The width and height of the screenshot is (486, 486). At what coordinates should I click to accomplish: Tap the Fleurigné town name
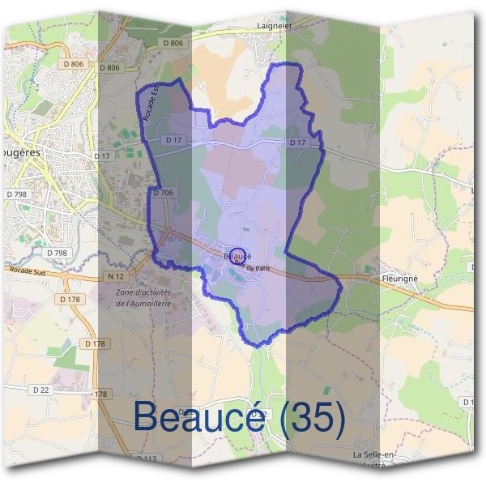coord(400,278)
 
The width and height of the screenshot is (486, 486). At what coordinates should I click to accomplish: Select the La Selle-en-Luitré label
coord(373,459)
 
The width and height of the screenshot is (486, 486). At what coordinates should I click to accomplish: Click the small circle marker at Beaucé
coord(237,254)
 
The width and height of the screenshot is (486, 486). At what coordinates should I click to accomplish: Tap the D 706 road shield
coord(163,193)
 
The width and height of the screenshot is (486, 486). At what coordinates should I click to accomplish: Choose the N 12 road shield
coord(115,276)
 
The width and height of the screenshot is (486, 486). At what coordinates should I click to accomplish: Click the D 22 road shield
coord(40,390)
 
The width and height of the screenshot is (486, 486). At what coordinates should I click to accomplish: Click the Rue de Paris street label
coord(250,264)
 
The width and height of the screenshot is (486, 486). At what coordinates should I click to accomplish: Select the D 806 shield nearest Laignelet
coord(173,42)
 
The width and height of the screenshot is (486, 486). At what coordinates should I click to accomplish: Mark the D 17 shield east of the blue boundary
coord(299,143)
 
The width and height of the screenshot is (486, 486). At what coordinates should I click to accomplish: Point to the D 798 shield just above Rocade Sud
coord(56,254)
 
